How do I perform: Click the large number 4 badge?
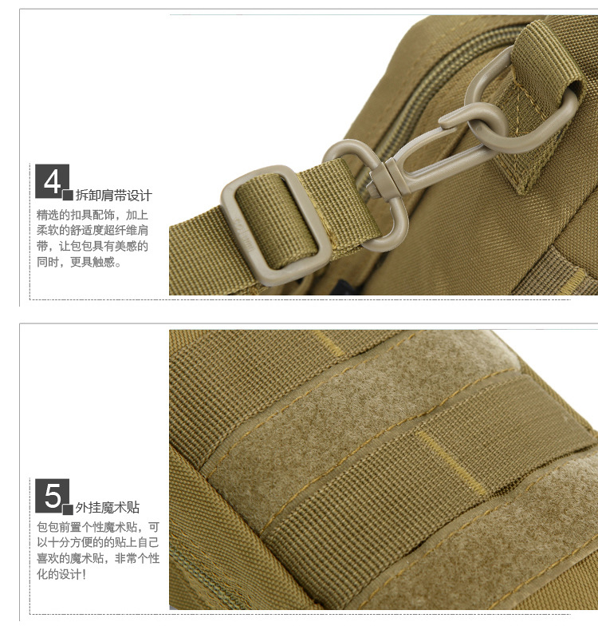coord(52,180)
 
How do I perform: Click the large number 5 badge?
coord(52,495)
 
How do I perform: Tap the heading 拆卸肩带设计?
coord(114,195)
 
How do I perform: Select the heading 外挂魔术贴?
coord(108,508)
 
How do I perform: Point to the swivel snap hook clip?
coord(399,176)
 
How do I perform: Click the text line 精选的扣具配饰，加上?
coord(92,216)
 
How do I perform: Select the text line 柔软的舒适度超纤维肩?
coord(92,231)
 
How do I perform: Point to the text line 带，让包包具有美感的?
coord(92,246)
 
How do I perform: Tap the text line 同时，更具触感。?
coord(79,262)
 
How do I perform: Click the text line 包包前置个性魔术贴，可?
coord(98,527)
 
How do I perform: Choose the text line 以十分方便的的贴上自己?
coord(98,543)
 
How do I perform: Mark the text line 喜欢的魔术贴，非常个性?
coord(98,559)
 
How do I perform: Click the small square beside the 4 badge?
coord(69,195)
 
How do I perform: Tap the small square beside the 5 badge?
coord(69,509)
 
